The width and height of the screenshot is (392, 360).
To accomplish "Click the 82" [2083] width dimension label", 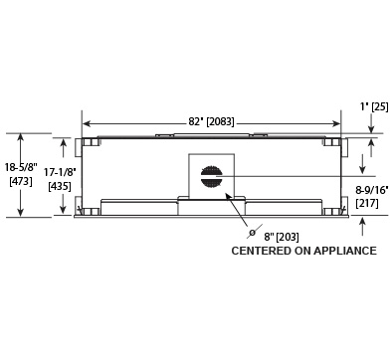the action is (211, 121).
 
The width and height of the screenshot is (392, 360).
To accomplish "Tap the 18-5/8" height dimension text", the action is (21, 167).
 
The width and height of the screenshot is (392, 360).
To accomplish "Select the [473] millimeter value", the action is (21, 181).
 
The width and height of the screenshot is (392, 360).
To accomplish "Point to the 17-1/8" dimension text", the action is (60, 172).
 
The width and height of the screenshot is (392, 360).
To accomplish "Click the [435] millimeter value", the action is (60, 186).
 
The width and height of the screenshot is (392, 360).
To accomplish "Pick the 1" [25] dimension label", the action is (374, 106).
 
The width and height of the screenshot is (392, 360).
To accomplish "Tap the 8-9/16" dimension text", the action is (372, 190).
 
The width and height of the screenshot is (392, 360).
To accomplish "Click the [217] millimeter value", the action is (367, 203).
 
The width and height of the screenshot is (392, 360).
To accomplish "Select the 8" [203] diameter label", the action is (282, 237).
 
